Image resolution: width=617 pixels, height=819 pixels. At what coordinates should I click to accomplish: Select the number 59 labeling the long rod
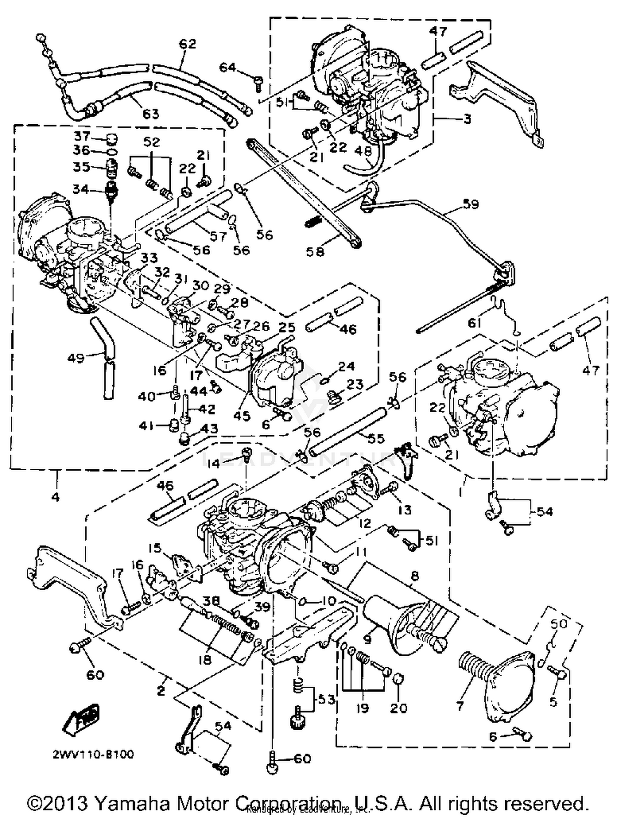coord(471,204)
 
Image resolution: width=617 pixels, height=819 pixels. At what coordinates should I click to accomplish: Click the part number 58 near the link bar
coord(315,252)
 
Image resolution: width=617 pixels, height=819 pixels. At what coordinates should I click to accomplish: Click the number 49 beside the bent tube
coord(77,358)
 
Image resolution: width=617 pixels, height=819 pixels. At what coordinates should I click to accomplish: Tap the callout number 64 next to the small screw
coord(228,67)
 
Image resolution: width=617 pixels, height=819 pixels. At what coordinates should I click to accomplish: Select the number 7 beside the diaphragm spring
coord(460,706)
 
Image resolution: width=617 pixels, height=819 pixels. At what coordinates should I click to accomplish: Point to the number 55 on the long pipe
coord(375,439)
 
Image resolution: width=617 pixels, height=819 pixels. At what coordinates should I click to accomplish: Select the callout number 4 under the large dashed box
coord(55,497)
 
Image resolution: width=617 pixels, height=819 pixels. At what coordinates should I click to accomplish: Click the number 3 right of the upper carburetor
coord(467,119)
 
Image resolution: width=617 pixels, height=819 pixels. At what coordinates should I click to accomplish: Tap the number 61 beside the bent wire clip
coord(474,323)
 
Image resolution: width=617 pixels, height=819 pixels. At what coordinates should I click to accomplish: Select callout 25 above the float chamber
coord(287,327)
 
